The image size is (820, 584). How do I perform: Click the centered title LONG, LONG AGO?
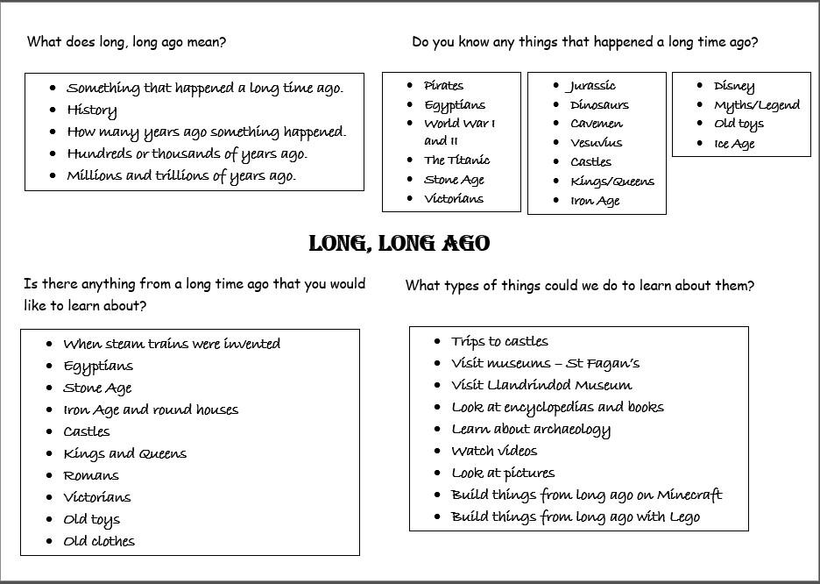(x=399, y=244)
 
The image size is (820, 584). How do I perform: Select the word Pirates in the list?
(x=443, y=86)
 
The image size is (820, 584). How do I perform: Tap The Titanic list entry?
(x=456, y=160)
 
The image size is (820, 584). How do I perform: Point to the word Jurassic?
(x=592, y=86)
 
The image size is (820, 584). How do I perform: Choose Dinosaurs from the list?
(x=599, y=105)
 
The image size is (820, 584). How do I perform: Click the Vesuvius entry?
(x=596, y=143)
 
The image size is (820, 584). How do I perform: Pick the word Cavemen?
(x=597, y=124)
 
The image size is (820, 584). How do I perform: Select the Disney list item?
(x=733, y=86)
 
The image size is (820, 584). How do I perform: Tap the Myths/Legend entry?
(x=756, y=105)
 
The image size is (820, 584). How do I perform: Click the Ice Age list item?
(x=734, y=144)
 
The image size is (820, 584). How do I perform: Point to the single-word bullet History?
(x=91, y=110)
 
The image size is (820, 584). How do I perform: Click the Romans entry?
(x=91, y=475)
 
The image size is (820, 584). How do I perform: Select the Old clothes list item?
(x=99, y=541)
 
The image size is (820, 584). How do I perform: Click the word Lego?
(x=683, y=516)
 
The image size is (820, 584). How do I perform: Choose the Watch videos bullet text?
(x=494, y=451)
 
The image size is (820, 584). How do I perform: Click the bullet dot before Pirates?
(x=410, y=85)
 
